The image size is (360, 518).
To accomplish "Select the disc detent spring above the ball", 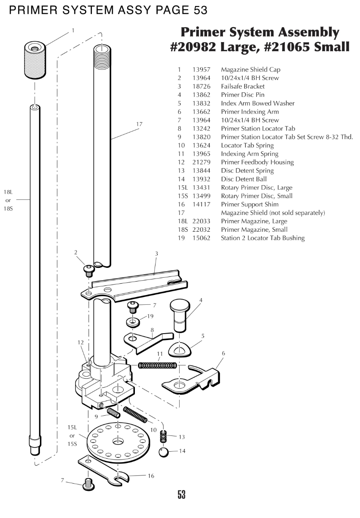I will [163, 436].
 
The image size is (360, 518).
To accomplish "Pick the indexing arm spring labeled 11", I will [157, 365].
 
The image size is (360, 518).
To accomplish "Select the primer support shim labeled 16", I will [107, 473].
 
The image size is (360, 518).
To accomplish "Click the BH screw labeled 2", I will [89, 270].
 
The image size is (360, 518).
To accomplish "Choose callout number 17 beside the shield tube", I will [139, 124].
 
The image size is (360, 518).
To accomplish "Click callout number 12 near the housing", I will [80, 342].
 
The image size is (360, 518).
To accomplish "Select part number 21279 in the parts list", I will [201, 162].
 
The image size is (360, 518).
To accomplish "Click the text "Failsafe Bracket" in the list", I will [243, 86].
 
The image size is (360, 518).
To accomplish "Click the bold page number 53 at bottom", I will [181, 494].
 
